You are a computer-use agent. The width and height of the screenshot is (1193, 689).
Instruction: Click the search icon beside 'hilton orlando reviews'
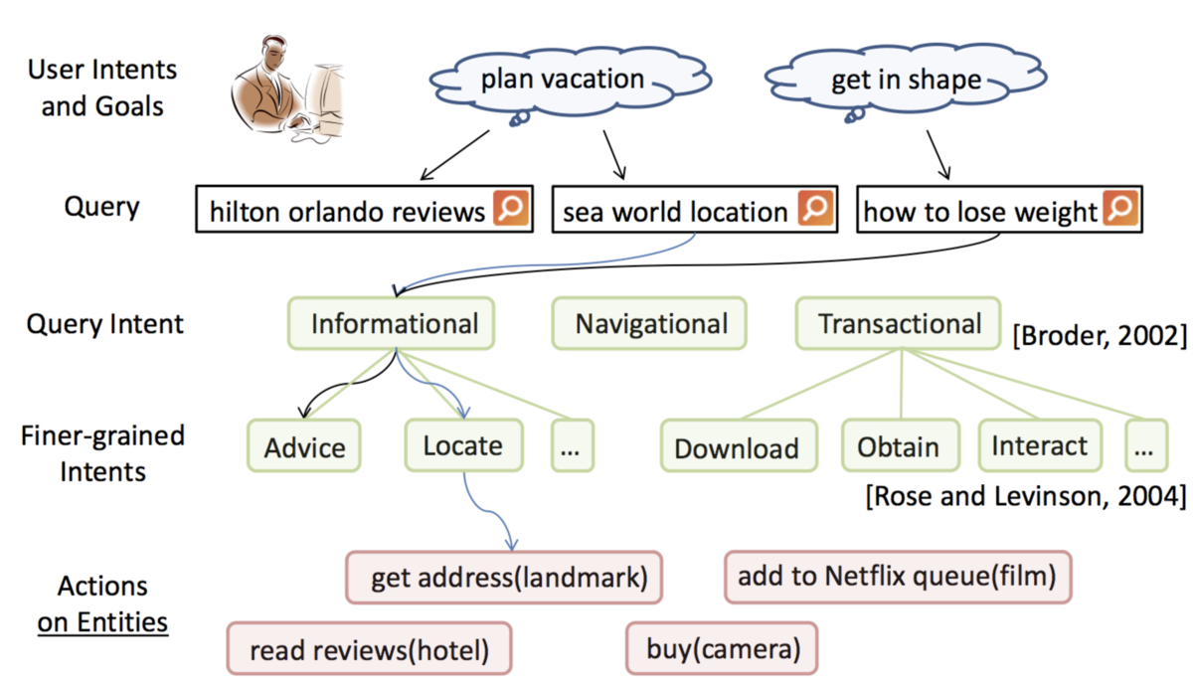[511, 208]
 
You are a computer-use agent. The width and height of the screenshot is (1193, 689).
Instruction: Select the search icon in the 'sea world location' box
[815, 208]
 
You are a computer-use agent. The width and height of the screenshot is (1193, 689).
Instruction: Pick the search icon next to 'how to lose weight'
[1120, 208]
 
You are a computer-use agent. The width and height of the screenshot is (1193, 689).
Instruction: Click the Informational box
[392, 323]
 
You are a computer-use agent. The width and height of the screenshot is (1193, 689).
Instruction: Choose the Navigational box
[649, 323]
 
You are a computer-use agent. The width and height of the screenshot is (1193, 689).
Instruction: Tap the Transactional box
[899, 323]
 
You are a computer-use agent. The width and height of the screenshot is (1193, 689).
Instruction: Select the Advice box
[303, 445]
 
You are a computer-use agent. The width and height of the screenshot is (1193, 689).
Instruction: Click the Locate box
[464, 445]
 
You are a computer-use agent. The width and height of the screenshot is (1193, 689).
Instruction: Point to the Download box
[740, 445]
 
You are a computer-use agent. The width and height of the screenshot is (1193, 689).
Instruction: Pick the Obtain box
[901, 445]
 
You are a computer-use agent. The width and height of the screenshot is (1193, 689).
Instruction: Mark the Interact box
[1040, 445]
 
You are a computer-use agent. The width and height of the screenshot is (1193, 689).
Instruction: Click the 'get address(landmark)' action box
[504, 578]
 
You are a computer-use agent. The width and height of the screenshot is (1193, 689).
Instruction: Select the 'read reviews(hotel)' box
[370, 648]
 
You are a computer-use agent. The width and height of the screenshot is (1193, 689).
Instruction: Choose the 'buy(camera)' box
[722, 648]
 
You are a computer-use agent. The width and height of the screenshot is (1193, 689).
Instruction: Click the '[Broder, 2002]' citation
[1100, 335]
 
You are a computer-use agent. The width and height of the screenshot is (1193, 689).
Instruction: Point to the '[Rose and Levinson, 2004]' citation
[1026, 496]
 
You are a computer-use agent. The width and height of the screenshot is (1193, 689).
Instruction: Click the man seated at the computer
[287, 89]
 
